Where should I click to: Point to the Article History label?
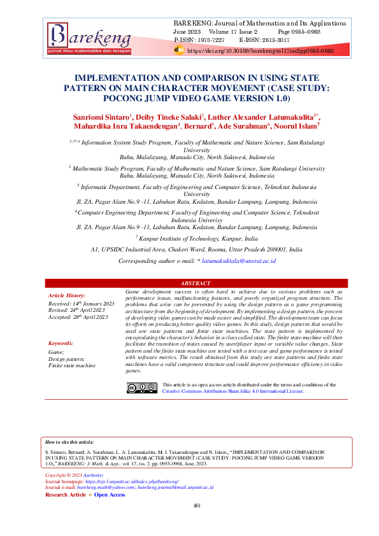(x=66, y=296)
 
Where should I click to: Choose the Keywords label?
(x=61, y=343)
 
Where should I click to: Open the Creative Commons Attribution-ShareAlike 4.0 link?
(x=233, y=392)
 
